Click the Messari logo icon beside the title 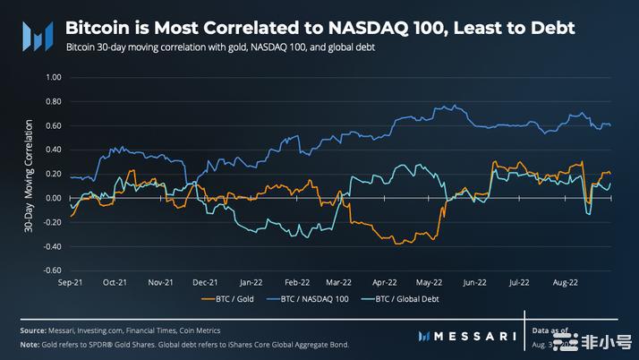pos(36,37)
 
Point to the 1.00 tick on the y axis pos(52,78)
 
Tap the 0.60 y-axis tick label pos(52,126)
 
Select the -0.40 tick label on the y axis pos(51,246)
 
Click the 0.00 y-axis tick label pos(52,198)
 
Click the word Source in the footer pos(34,330)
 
